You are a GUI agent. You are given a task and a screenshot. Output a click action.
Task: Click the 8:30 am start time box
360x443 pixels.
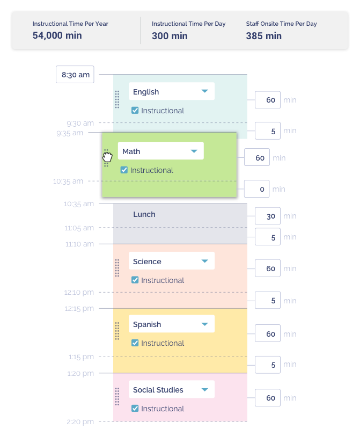(x=75, y=75)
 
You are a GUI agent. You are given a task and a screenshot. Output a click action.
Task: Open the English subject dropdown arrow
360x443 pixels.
(x=204, y=92)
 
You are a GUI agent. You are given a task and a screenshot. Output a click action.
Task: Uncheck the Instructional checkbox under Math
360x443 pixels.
(x=124, y=170)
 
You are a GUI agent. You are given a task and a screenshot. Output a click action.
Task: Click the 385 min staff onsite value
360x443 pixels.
(x=263, y=36)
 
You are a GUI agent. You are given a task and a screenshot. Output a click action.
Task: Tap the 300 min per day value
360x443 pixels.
(x=170, y=36)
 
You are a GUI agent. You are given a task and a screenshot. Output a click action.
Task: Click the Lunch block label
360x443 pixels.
(x=144, y=214)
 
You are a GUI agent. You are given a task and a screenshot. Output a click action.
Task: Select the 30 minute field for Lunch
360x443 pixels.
(x=268, y=216)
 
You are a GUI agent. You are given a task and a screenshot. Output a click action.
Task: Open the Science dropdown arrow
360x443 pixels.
(x=204, y=262)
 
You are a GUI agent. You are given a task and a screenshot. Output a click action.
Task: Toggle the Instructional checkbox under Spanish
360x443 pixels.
(x=135, y=343)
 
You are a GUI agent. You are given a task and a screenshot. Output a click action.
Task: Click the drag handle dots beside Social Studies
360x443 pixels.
(x=117, y=396)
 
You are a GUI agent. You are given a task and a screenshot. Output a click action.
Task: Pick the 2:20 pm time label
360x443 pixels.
(x=80, y=422)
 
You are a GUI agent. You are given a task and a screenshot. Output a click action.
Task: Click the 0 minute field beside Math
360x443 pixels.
(x=257, y=189)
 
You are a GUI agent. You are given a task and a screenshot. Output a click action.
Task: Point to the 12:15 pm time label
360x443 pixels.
(x=79, y=309)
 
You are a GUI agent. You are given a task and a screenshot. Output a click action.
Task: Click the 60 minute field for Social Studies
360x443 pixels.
(x=268, y=398)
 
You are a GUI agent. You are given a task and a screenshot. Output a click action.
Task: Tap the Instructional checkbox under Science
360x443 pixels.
(x=135, y=280)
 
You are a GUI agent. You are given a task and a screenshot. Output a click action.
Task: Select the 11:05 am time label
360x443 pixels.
(x=79, y=228)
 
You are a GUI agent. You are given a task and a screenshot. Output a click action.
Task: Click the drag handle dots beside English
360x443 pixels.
(x=117, y=99)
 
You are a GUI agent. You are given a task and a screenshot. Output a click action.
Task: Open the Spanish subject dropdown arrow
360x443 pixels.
(x=204, y=324)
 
